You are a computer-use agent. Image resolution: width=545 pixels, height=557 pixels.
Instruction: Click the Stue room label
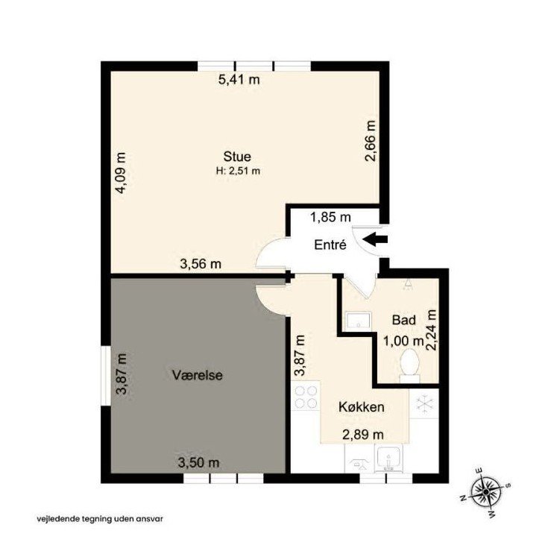[237, 157]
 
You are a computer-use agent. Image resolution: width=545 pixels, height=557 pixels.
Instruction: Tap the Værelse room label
[197, 375]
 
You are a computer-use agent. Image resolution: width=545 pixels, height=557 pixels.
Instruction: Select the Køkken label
[362, 406]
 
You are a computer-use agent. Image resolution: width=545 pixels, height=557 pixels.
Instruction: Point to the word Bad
[404, 320]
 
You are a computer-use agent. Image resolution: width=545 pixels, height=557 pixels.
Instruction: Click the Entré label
[330, 245]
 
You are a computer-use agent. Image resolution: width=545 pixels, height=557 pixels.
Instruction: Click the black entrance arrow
[375, 239]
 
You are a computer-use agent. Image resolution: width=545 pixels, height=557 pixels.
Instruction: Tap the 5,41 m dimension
[239, 80]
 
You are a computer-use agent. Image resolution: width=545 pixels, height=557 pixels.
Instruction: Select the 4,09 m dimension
[121, 173]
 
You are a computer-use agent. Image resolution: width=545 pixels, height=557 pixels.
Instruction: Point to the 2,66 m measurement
[371, 141]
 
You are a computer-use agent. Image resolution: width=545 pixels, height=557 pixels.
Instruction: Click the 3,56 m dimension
[201, 263]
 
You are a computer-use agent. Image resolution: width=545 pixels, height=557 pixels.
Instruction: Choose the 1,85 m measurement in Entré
[331, 217]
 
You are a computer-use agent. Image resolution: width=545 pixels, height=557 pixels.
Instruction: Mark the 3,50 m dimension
[198, 462]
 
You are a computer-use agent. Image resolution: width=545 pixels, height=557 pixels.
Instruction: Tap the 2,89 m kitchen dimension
[363, 435]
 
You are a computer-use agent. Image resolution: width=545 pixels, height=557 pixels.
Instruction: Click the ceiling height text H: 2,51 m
[238, 171]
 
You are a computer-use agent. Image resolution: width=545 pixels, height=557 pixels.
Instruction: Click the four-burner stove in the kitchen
[306, 396]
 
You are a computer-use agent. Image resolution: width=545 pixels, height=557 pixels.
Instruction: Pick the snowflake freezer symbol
[424, 405]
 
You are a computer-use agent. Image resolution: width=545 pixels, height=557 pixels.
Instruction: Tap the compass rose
[485, 492]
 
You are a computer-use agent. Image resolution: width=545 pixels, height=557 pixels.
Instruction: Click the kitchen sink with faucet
[388, 459]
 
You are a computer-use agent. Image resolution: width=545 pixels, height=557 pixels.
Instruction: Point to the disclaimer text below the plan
[100, 519]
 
